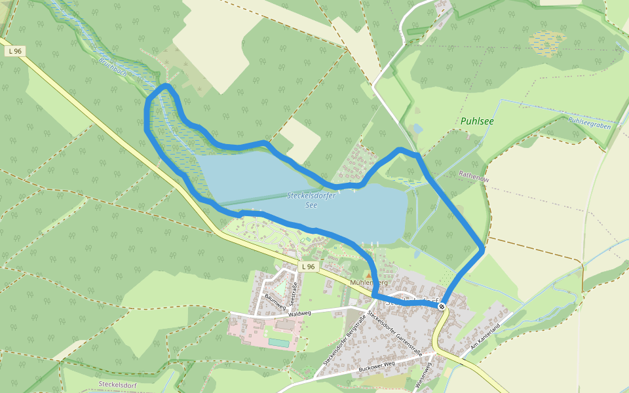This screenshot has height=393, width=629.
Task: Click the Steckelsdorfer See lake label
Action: pyautogui.click(x=311, y=200)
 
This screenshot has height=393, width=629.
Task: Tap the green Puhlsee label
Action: pyautogui.click(x=477, y=121)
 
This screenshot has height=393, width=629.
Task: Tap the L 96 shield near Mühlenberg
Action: pyautogui.click(x=309, y=267)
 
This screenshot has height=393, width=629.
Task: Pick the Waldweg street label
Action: pyautogui.click(x=298, y=313)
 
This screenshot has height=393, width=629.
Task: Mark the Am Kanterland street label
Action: pyautogui.click(x=486, y=337)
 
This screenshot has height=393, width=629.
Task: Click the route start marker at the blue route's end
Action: pyautogui.click(x=443, y=305)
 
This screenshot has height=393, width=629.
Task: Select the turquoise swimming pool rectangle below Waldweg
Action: pyautogui.click(x=279, y=343)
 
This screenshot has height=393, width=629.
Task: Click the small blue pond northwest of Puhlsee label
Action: pyautogui.click(x=417, y=129)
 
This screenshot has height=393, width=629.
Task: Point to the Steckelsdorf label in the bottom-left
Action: pyautogui.click(x=116, y=384)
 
